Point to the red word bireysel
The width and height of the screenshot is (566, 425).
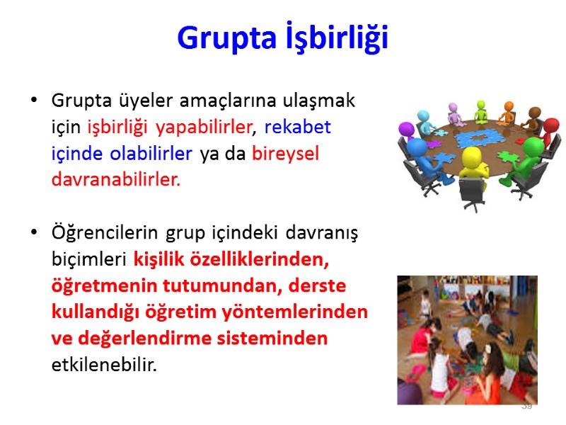click(x=285, y=154)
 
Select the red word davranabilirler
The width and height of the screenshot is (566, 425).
click(x=116, y=180)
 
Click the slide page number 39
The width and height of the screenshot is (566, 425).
click(x=526, y=407)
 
